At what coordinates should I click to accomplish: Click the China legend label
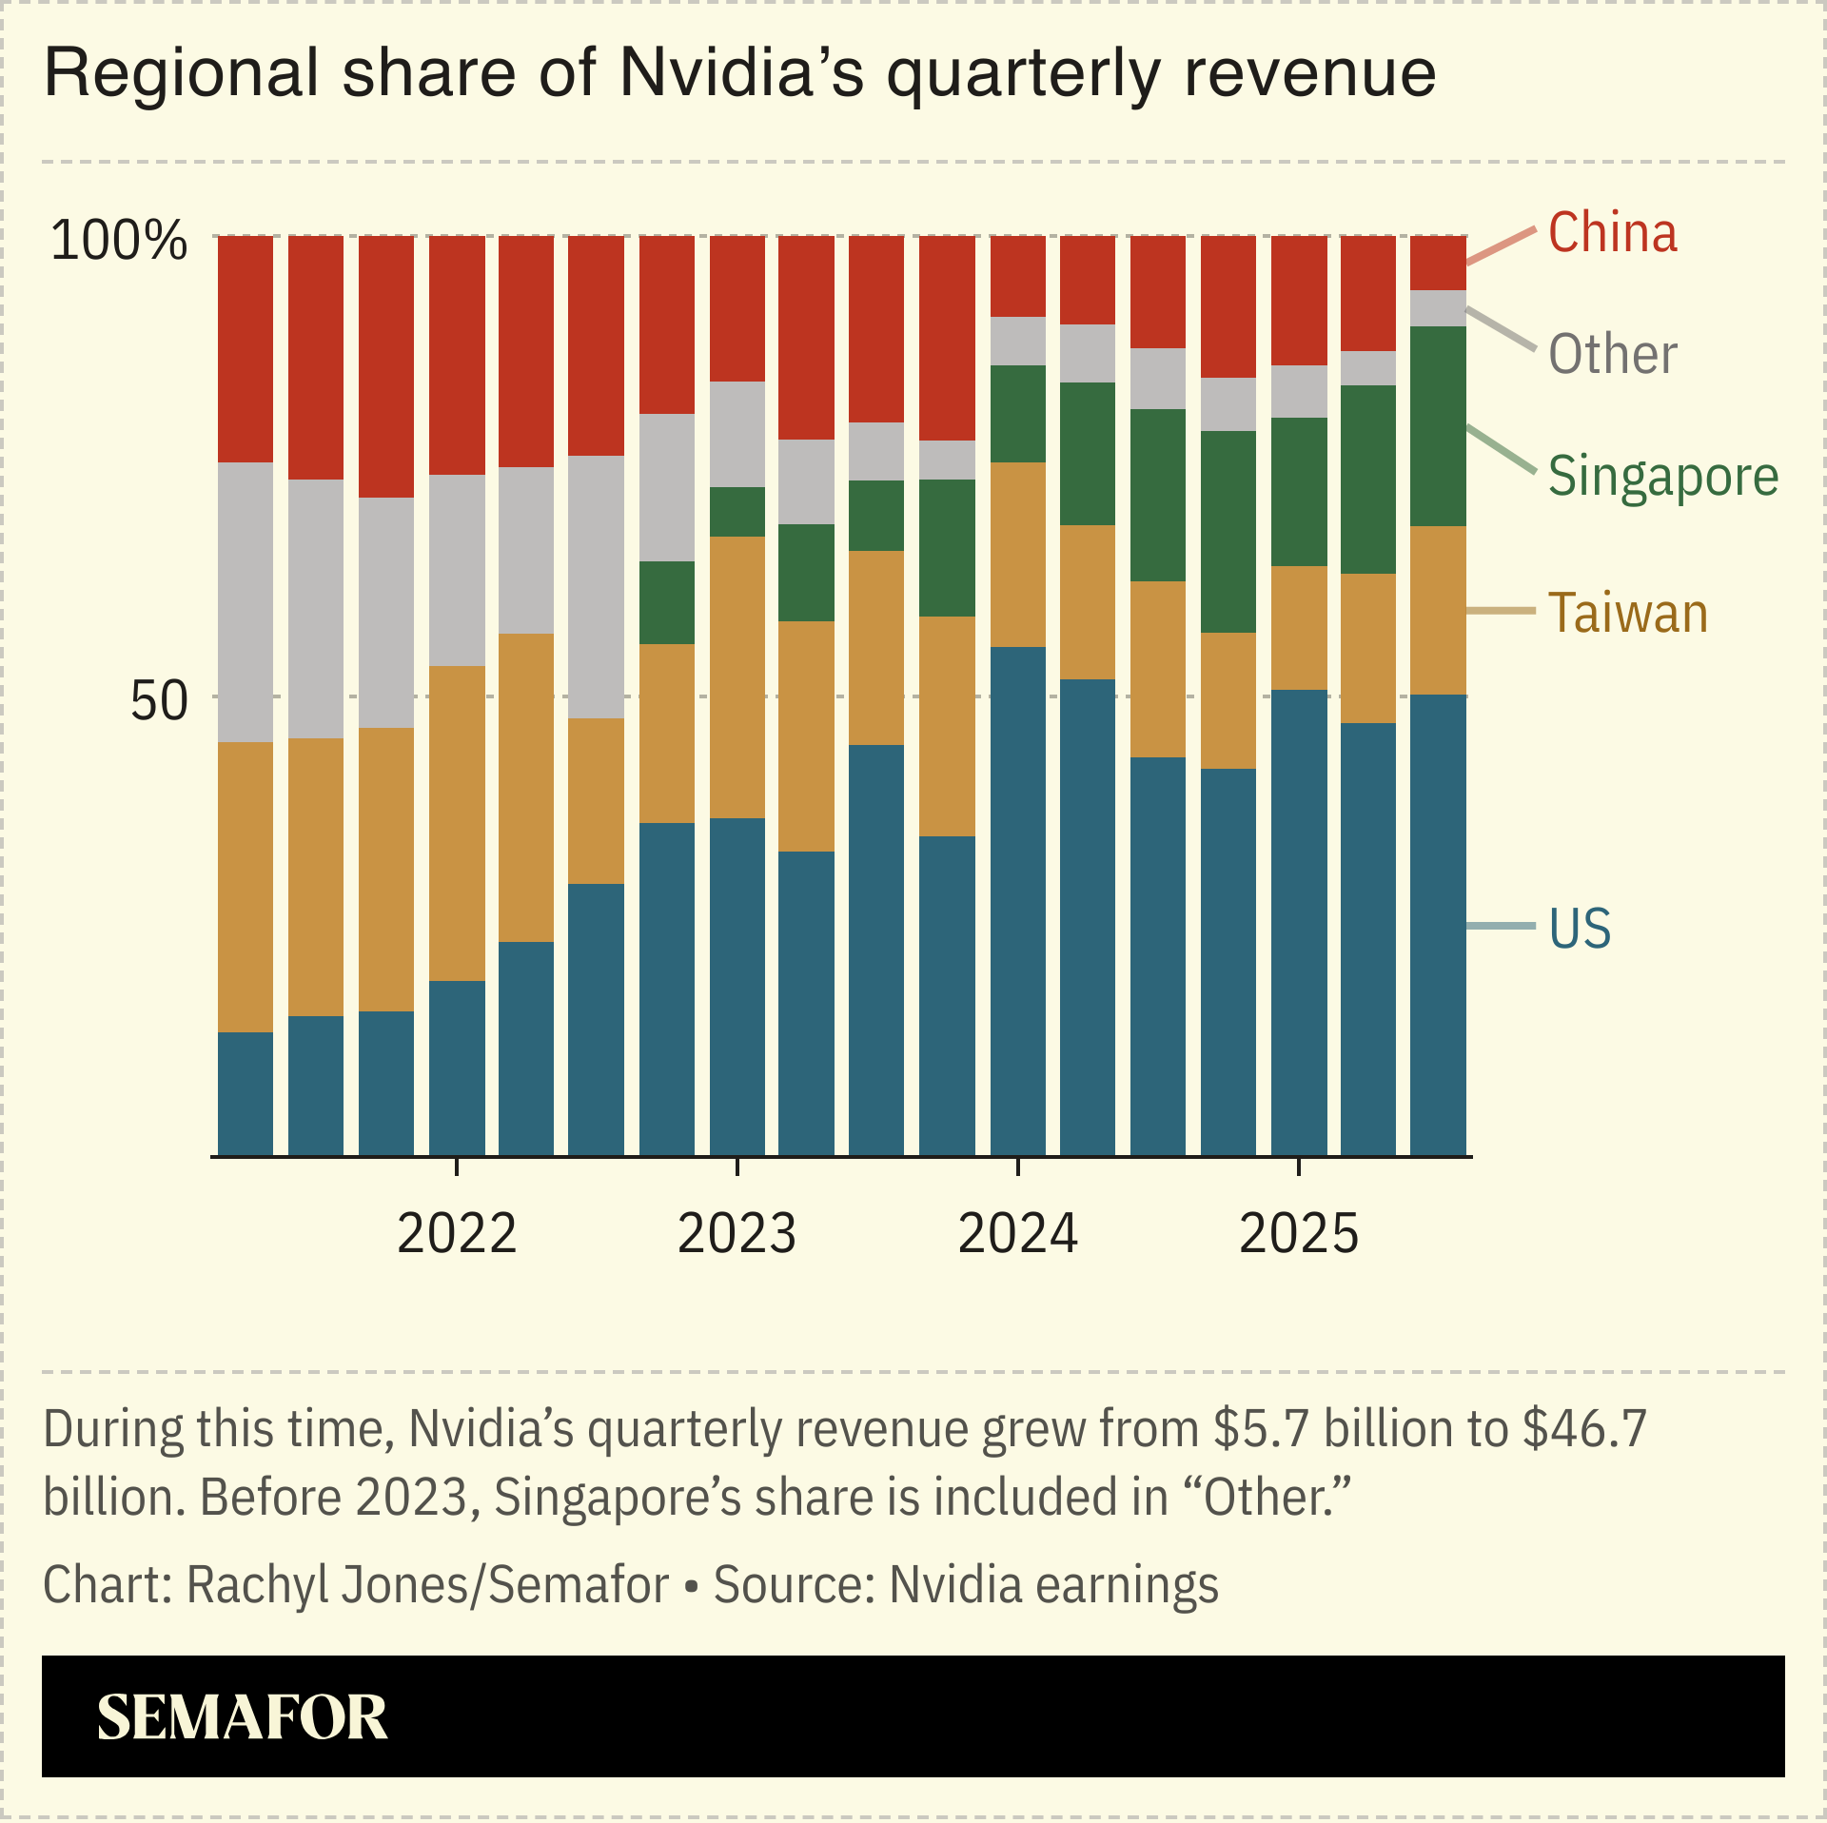1612,233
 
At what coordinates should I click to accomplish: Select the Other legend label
1612,355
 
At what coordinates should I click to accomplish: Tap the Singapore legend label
1662,477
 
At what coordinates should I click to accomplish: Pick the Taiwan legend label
1627,614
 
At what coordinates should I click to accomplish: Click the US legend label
1580,929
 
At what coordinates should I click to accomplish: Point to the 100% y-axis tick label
119,241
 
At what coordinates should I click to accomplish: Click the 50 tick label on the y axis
159,702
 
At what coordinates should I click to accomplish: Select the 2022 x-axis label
457,1234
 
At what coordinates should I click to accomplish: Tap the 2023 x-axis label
737,1234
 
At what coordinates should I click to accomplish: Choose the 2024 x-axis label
1017,1234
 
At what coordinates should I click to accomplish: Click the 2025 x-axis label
1299,1234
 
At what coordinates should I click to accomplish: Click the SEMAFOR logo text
242,1718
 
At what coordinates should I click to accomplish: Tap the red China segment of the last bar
1438,263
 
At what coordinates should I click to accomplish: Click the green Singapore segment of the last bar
1438,426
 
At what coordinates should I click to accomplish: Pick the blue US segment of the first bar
246,1094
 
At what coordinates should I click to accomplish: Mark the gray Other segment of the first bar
246,602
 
